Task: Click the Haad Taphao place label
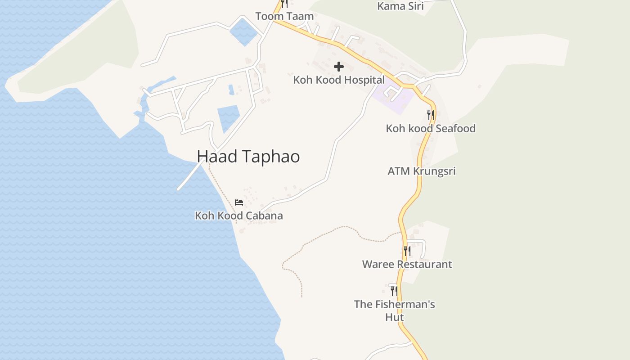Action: pos(248,156)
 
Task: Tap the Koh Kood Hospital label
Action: pos(339,80)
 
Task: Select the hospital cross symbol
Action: pos(339,67)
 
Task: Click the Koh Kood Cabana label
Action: pos(239,216)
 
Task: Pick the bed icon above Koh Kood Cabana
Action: pos(239,202)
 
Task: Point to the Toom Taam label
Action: pos(284,16)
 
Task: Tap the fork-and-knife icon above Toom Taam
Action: pos(284,4)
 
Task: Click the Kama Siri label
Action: pos(400,6)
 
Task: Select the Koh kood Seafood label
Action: pos(431,128)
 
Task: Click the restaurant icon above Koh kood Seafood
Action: pos(431,115)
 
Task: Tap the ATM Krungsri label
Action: pos(422,171)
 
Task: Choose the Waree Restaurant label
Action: pos(407,264)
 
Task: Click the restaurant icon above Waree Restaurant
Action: pos(407,251)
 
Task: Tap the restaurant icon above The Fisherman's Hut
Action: pos(394,291)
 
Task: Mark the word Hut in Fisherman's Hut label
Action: pos(395,317)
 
